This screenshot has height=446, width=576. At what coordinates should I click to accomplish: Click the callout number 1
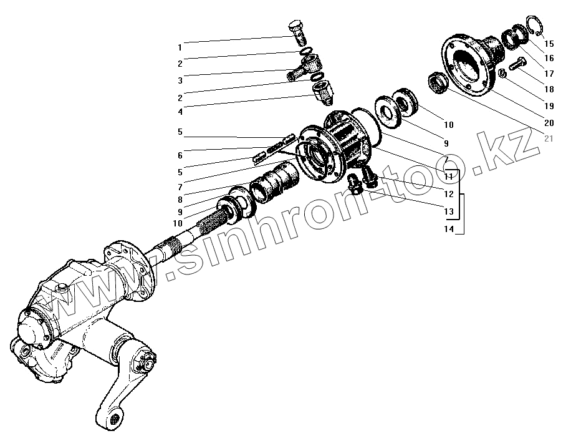pos(180,47)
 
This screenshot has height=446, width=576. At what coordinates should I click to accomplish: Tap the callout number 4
pos(180,112)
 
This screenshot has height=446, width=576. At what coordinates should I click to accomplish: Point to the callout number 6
pos(180,156)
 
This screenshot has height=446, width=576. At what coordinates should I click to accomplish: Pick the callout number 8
pos(180,200)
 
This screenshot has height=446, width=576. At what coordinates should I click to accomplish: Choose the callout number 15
pos(549,44)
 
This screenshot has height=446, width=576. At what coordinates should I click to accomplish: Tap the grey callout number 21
pos(549,138)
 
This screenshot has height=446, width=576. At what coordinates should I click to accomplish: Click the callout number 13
pos(449,213)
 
